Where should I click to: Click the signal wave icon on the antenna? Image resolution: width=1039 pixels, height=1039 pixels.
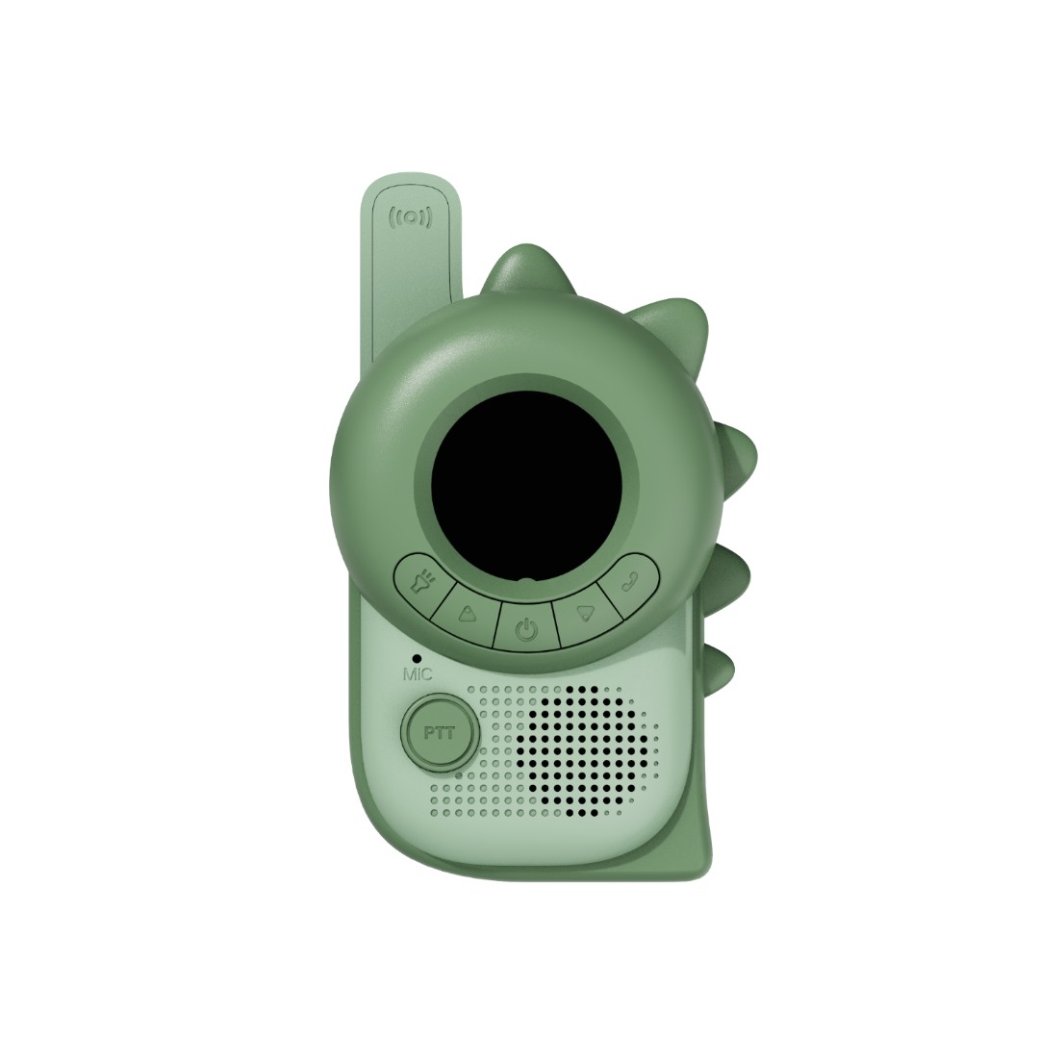[411, 217]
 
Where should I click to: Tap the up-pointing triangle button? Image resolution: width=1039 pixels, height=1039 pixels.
[468, 613]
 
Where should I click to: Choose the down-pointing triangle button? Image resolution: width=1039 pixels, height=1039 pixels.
[584, 613]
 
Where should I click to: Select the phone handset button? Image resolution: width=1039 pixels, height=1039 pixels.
[630, 582]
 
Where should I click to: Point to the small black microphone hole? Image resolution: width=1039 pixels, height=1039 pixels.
[417, 659]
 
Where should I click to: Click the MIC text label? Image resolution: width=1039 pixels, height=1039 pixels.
[418, 675]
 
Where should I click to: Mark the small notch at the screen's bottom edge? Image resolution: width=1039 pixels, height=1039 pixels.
[525, 581]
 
